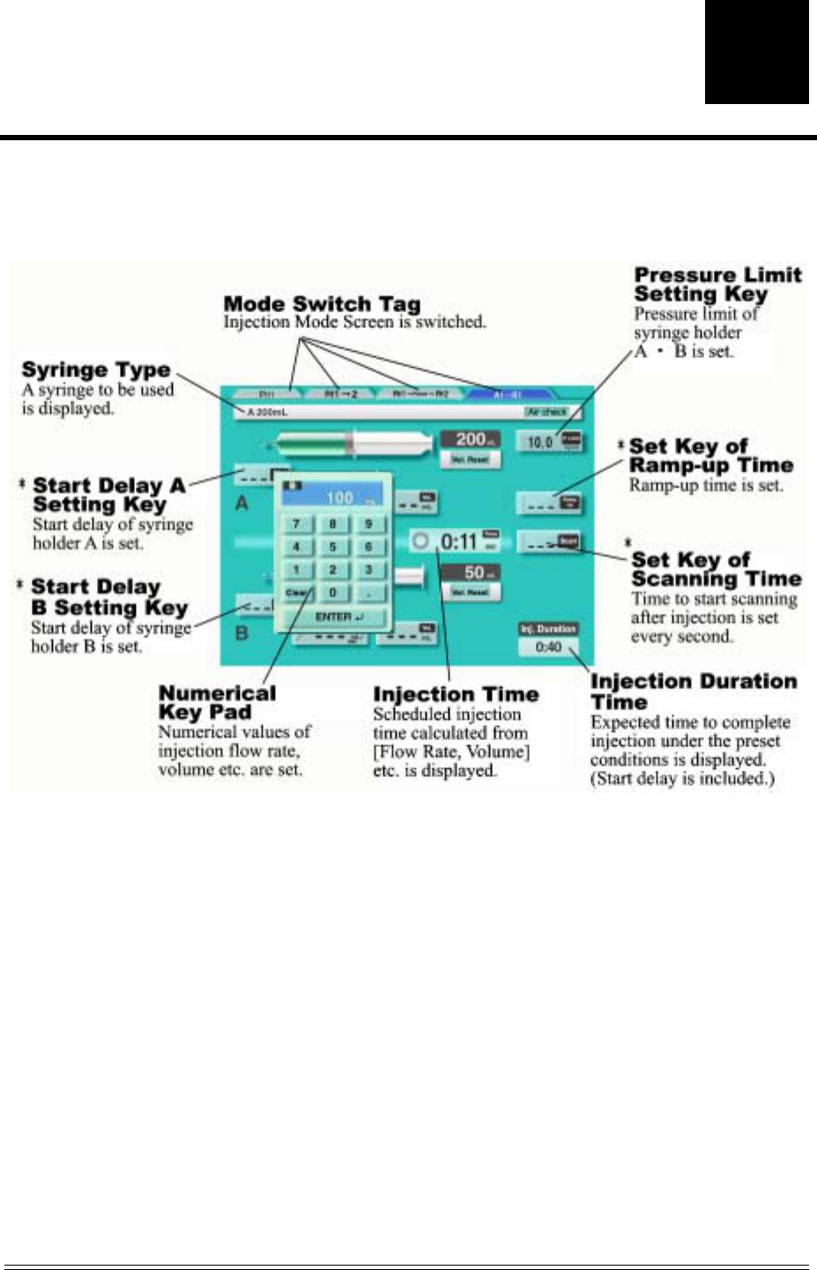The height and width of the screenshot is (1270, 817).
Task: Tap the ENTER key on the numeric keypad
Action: coord(332,616)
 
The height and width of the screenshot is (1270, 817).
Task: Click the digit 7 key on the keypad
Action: coord(296,524)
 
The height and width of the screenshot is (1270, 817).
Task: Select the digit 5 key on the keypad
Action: coord(332,547)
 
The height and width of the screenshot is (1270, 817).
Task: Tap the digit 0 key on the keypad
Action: coord(332,593)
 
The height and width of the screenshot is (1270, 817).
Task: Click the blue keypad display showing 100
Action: coord(332,496)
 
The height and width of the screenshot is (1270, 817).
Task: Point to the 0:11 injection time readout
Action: coord(457,541)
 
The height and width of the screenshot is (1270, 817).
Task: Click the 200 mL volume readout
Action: coord(471,439)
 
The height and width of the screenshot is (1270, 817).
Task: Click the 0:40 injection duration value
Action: coord(548,647)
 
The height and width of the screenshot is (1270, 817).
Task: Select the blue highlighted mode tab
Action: coord(509,393)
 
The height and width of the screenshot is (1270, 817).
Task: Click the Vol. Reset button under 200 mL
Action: coord(471,459)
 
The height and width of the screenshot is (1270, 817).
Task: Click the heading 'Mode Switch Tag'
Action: coord(322,304)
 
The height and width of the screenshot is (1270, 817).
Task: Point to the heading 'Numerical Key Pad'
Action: coord(216,703)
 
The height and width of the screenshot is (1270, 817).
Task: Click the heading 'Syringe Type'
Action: coord(96,370)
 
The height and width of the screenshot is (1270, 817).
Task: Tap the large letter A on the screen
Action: coord(241,504)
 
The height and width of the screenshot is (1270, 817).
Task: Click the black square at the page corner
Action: coord(756,51)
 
